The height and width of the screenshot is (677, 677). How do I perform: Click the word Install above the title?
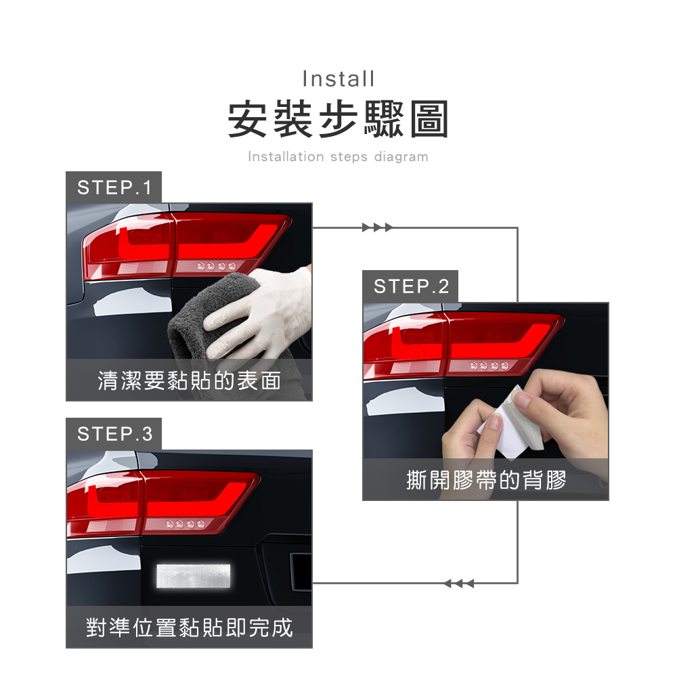(338, 79)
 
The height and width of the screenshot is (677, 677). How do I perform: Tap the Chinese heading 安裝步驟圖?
(338, 118)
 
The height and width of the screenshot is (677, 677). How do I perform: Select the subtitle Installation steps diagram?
(338, 156)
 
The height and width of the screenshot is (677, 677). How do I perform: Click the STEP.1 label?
(114, 188)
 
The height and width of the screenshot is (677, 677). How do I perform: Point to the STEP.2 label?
(411, 286)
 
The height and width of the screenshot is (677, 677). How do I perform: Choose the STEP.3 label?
(114, 434)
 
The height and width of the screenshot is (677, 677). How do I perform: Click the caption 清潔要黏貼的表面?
(189, 380)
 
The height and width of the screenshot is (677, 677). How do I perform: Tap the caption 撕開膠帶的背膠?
(486, 480)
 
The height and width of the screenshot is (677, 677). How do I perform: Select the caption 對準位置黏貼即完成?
(189, 628)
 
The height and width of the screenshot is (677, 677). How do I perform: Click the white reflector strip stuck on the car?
(193, 576)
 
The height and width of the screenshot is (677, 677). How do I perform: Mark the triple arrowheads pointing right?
(377, 227)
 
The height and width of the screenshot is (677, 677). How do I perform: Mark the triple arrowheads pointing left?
(459, 584)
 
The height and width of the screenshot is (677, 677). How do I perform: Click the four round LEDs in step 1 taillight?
(217, 266)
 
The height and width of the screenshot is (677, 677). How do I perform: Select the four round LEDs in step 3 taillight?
(185, 524)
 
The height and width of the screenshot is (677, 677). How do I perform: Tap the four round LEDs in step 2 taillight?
(489, 366)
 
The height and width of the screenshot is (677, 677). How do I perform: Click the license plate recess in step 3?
(301, 571)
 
